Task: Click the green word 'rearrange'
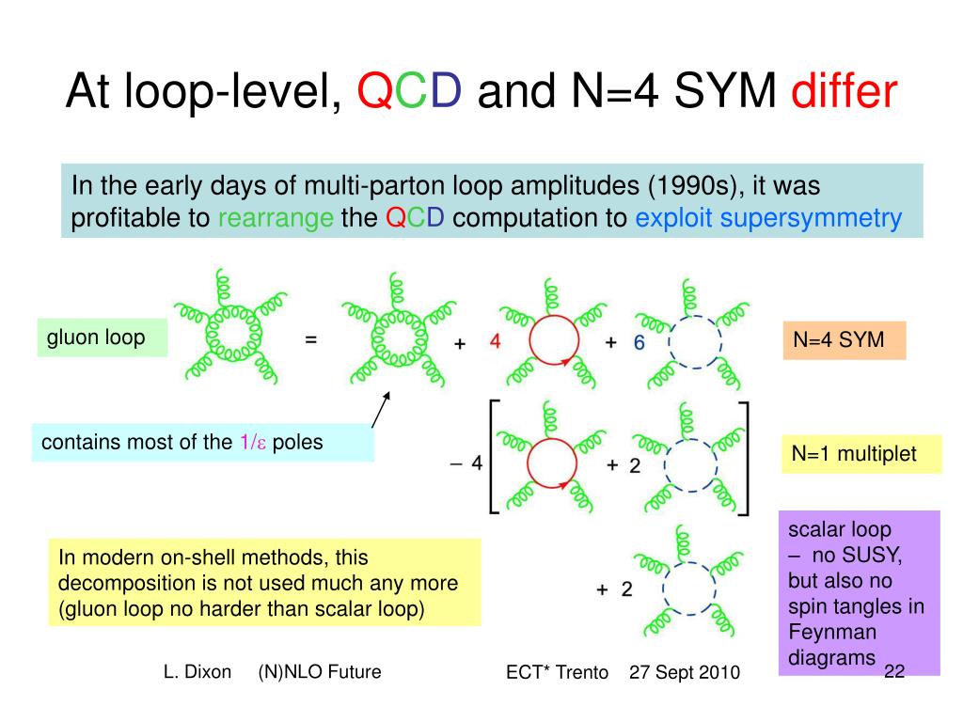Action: [x=276, y=219]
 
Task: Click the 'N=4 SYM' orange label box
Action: [x=843, y=340]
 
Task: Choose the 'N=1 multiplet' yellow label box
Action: [x=860, y=454]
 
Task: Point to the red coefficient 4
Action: [x=495, y=342]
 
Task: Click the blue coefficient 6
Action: [x=639, y=343]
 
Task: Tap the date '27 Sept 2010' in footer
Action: [x=684, y=673]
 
